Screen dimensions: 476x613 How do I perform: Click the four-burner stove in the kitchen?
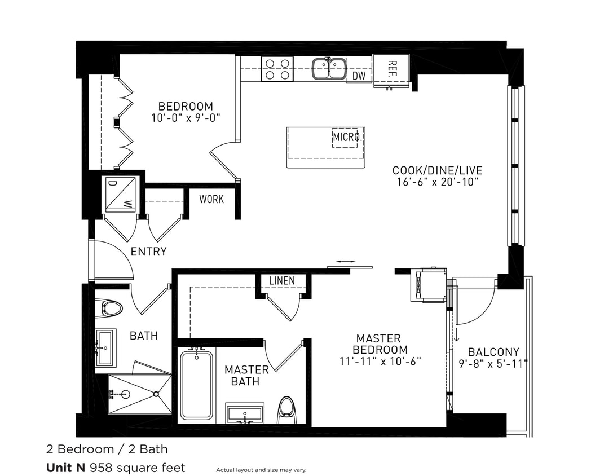click(277, 69)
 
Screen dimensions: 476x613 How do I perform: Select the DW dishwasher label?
click(358, 76)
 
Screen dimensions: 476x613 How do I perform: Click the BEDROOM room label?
click(186, 106)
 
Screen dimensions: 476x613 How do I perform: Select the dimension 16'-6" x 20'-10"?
click(437, 182)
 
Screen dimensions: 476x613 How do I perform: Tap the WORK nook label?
click(211, 199)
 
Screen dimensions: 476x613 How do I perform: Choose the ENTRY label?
click(148, 252)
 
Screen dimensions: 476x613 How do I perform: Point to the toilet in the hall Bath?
click(109, 308)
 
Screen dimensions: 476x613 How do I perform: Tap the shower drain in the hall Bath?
click(126, 394)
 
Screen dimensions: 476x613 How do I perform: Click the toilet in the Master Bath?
click(287, 408)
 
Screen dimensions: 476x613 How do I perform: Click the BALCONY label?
click(493, 352)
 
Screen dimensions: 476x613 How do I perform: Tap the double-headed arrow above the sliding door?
click(345, 262)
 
